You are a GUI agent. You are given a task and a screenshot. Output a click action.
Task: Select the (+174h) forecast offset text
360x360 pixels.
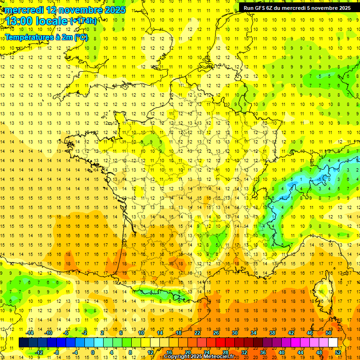(x=83, y=21)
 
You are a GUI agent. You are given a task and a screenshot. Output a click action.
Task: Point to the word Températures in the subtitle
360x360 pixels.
(x=29, y=37)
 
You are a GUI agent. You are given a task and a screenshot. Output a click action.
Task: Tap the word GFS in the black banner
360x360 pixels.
(x=260, y=7)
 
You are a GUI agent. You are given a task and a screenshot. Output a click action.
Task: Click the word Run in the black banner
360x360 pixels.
(x=248, y=7)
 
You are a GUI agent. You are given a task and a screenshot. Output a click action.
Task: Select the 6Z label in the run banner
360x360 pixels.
(x=270, y=7)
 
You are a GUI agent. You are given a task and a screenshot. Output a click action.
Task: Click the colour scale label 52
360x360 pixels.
(x=338, y=352)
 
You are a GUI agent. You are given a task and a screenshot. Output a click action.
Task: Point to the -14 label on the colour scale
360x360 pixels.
(x=30, y=333)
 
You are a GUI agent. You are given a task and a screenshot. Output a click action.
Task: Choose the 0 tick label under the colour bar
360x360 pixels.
(x=93, y=352)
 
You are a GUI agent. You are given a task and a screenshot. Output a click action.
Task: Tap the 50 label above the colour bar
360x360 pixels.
(x=328, y=333)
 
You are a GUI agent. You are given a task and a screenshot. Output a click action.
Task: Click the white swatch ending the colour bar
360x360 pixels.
(x=333, y=343)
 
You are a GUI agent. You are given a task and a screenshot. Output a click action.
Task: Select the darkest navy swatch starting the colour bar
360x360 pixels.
(x=23, y=343)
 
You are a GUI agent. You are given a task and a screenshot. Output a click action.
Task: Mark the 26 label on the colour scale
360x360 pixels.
(x=216, y=333)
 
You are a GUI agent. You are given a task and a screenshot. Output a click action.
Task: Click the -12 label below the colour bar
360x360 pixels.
(x=39, y=352)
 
